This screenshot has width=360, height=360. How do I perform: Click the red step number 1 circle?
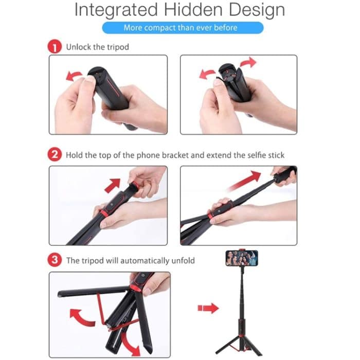coord(56,47)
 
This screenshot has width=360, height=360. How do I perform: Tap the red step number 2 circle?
coord(56,154)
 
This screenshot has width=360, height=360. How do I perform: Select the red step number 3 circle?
coord(56,260)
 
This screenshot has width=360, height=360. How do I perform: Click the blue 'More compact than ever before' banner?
coord(183,27)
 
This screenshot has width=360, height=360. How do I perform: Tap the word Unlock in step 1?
coord(79,47)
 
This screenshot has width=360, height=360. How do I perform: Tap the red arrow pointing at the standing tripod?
coord(208,308)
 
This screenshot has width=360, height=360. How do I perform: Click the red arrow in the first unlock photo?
coord(74,76)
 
